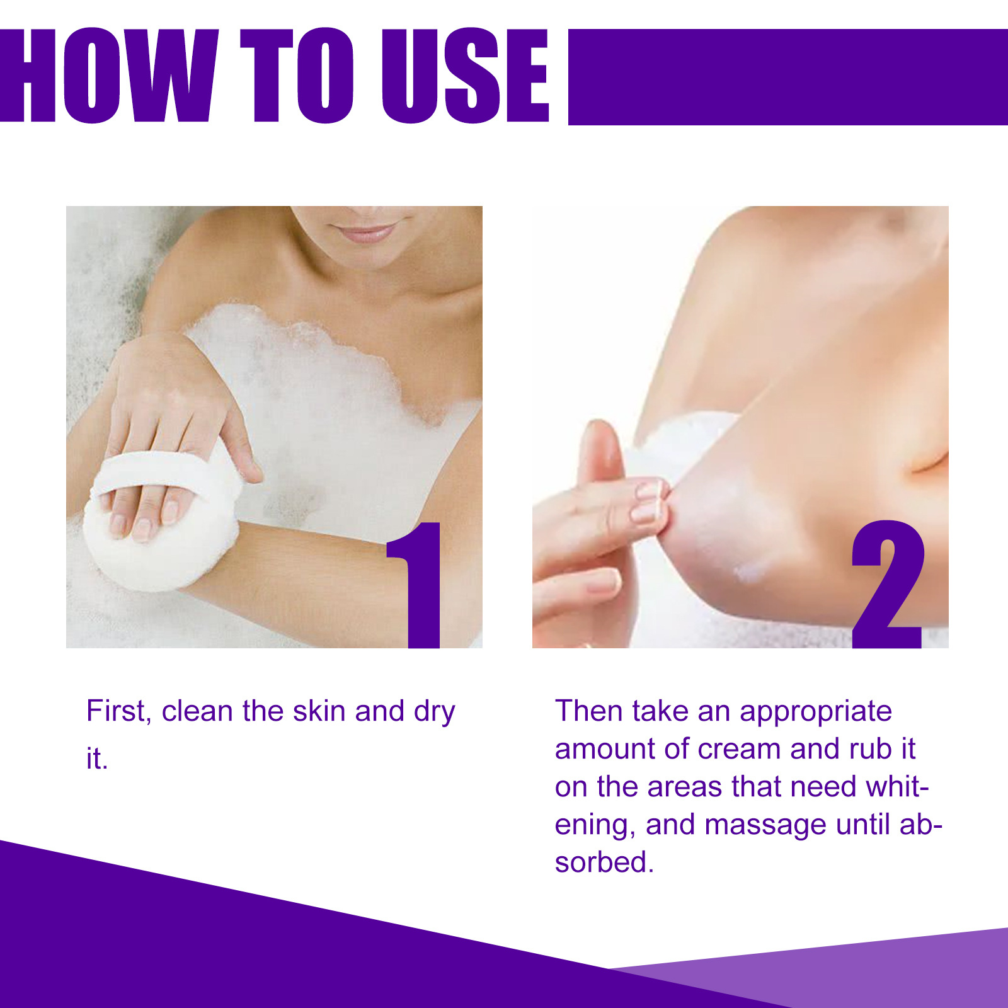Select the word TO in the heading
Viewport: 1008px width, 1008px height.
tap(296, 76)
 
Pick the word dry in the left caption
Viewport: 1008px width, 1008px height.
tap(434, 713)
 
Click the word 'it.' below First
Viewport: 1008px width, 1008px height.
tap(96, 759)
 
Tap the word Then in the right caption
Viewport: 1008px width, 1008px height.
tap(589, 711)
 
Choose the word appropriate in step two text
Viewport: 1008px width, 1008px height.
tap(815, 713)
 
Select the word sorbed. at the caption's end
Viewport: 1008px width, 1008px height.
tap(604, 862)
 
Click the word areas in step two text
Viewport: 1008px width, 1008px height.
tap(684, 787)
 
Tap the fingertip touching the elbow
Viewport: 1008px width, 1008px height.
tap(655, 498)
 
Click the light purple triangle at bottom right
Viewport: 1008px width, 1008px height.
tap(913, 973)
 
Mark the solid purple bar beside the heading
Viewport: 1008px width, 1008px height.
tap(787, 77)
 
